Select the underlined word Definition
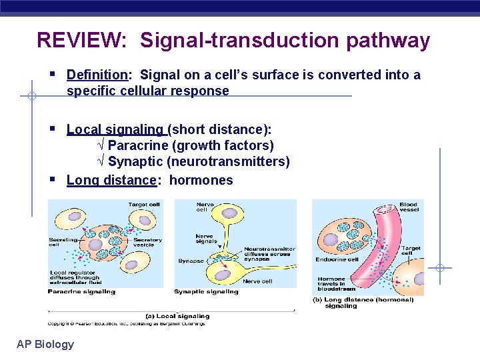point(97,75)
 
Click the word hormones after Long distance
point(201,180)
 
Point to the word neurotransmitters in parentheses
point(228,162)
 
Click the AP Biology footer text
point(45,344)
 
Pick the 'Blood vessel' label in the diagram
point(409,207)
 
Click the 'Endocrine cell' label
point(337,259)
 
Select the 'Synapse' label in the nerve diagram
point(191,261)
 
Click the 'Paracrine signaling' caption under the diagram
point(81,291)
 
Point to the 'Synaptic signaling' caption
point(206,291)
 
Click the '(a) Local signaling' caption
point(177,316)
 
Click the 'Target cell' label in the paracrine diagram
point(143,205)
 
